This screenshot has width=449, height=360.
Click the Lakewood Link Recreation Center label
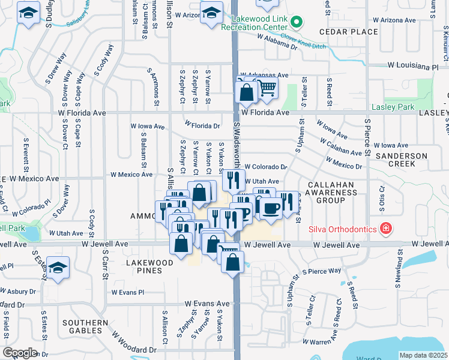(255, 23)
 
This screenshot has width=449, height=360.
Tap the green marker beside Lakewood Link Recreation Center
(295, 23)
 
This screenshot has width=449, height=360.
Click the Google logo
(20, 353)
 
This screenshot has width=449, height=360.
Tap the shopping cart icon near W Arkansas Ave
(267, 88)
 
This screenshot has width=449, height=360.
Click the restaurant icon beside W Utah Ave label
(234, 179)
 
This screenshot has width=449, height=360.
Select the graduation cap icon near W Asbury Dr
(58, 267)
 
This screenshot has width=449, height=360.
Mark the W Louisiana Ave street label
(413, 65)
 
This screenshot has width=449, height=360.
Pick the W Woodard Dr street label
(133, 349)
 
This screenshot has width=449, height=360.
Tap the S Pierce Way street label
(322, 271)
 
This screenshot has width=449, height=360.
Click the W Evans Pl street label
(128, 292)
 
